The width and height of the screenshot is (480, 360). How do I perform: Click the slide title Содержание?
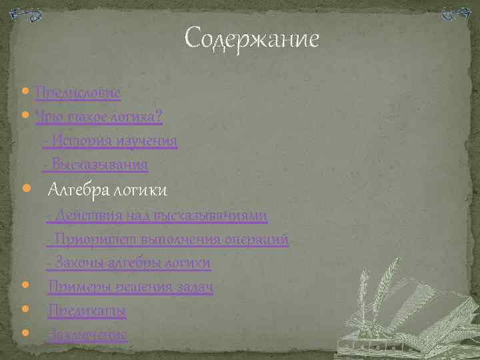251,39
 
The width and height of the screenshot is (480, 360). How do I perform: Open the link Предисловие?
77,92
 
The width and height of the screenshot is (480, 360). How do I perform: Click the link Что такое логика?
99,116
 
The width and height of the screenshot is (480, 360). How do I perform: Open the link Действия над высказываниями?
157,215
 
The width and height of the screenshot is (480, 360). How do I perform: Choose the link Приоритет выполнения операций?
169,239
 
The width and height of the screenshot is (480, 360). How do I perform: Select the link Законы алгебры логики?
129,263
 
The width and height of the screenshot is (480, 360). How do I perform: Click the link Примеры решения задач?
130,287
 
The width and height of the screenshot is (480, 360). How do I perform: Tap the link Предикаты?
87,311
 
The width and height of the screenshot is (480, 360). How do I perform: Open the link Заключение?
87,334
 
